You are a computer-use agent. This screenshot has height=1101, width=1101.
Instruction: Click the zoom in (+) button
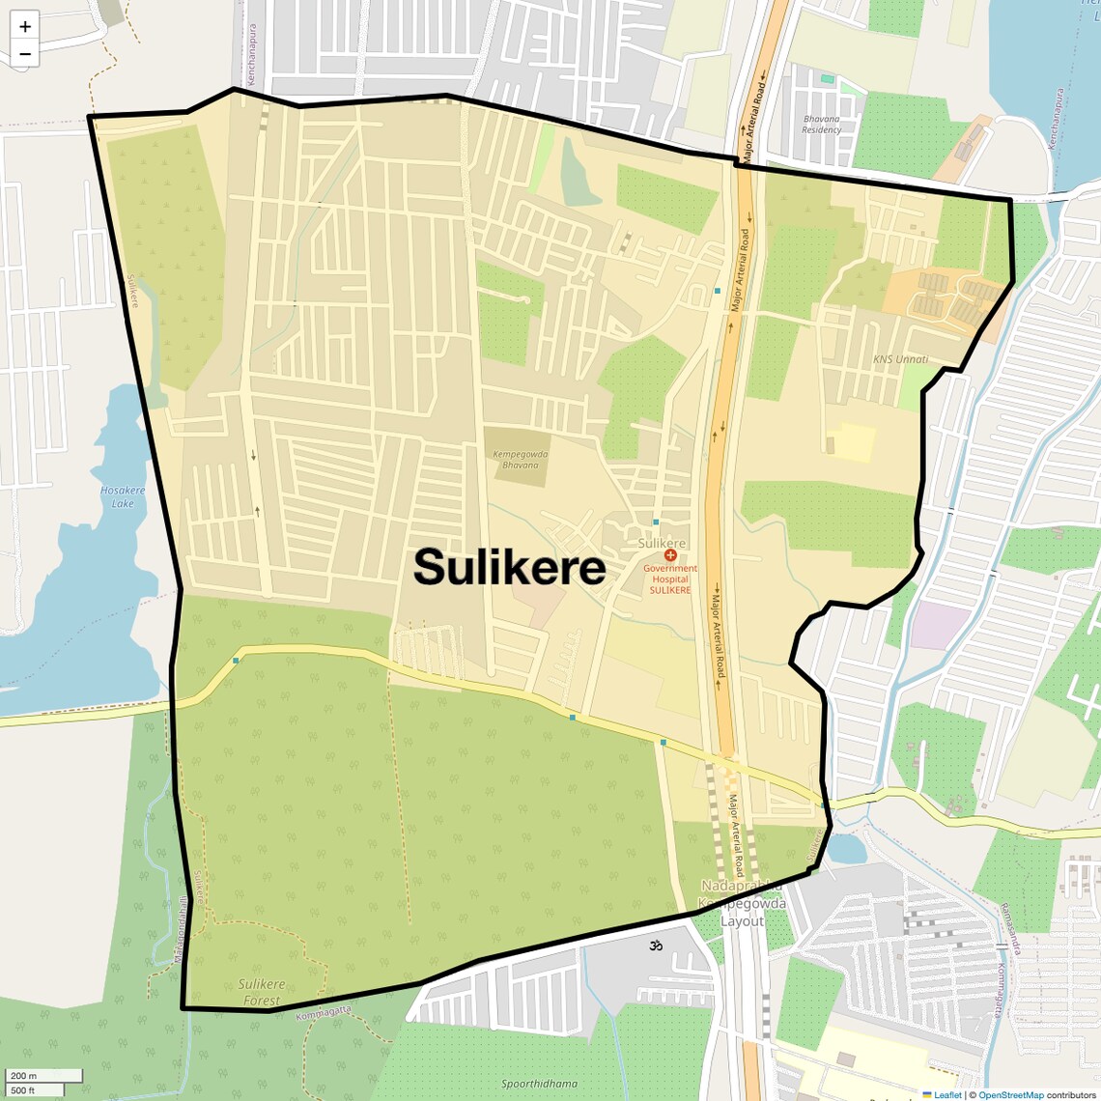[25, 27]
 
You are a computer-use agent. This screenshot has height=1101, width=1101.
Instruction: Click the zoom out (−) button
[25, 54]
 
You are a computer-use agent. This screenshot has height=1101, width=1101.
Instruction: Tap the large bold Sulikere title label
[510, 568]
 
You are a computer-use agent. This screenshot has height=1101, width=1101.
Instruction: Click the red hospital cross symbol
[670, 555]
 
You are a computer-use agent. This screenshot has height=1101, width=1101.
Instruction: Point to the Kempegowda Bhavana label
[520, 460]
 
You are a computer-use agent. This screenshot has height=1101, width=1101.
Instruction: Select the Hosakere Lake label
[123, 496]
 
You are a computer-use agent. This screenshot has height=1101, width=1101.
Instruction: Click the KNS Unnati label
[900, 359]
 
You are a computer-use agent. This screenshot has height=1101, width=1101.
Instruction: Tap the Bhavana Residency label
[822, 125]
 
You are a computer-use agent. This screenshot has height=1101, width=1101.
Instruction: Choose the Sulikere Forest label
[261, 992]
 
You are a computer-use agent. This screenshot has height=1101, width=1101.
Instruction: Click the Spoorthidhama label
[539, 1084]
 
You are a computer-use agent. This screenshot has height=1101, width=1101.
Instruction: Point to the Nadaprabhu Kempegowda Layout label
[742, 904]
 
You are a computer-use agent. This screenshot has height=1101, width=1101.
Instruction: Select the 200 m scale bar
[43, 1076]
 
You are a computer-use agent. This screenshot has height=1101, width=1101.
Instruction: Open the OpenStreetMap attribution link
[1010, 1095]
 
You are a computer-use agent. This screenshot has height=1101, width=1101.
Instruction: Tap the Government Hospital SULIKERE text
[669, 579]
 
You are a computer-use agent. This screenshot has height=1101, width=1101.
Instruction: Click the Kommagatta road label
[324, 1013]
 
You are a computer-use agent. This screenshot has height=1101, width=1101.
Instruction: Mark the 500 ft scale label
[23, 1090]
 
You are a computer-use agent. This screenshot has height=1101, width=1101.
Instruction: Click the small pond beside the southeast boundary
[846, 849]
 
